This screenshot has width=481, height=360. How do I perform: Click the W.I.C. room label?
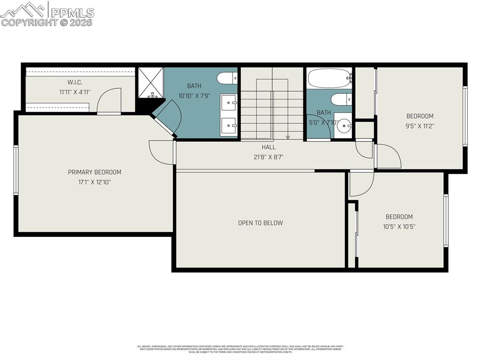75,82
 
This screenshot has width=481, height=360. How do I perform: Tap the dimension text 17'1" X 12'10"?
94,182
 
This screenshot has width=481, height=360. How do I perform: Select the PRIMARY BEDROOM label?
94,172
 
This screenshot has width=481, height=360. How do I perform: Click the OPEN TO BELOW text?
260,223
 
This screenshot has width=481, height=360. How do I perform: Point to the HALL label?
269,147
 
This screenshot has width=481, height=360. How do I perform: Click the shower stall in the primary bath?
150,83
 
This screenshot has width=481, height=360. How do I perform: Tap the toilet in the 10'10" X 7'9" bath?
227,78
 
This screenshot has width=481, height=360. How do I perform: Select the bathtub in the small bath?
329,78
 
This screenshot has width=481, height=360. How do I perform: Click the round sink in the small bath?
345,126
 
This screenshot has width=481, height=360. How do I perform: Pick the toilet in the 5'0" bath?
341,100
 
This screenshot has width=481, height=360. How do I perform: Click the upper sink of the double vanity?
229,101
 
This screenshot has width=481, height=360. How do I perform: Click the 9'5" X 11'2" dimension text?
419,126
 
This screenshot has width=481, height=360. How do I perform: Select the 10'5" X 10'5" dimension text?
399,226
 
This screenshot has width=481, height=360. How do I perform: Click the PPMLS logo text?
72,13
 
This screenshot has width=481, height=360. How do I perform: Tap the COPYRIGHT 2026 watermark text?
47,22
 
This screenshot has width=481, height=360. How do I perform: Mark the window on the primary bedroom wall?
16,170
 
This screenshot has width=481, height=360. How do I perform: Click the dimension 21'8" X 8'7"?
269,157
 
